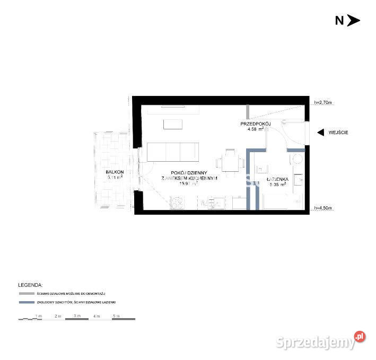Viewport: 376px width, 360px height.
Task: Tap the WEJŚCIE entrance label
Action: tap(338, 133)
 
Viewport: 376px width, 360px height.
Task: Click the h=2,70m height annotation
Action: tap(323, 102)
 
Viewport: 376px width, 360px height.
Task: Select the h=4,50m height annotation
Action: tap(323, 208)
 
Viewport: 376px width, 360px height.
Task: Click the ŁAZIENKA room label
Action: tap(277, 180)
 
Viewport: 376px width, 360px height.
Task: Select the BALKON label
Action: tap(114, 172)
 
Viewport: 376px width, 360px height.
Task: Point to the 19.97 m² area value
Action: tap(188, 185)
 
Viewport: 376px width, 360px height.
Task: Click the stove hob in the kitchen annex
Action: tap(177, 203)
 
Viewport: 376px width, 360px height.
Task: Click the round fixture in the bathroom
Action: tap(298, 159)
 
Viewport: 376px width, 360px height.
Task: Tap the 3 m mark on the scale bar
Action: tap(77, 315)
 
